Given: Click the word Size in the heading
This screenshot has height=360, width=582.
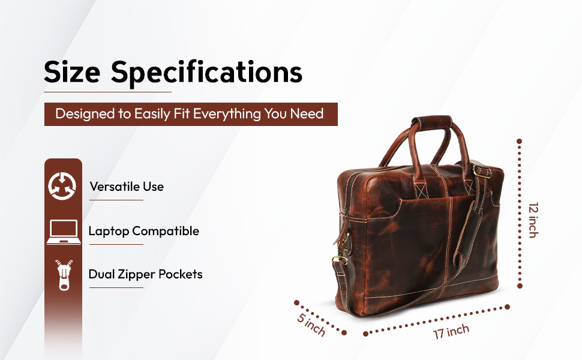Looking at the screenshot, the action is (72, 73).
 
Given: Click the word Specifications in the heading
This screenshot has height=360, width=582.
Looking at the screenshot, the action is (207, 73).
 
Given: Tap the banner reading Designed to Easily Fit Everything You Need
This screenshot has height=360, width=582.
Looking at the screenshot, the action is (191, 115).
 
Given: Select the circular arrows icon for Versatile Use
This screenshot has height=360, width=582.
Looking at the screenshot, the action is (62, 186).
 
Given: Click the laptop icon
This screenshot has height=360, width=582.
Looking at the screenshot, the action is (64, 232).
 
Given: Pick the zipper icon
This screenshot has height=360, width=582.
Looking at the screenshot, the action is (64, 275).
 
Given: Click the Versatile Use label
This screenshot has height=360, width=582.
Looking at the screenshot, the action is (127, 187).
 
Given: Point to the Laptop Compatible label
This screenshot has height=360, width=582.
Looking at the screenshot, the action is (144, 231).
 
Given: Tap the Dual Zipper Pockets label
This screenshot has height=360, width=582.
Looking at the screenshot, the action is (145, 274).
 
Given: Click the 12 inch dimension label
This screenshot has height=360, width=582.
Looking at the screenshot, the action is (533, 220).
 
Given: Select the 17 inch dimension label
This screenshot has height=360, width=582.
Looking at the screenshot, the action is (451, 331).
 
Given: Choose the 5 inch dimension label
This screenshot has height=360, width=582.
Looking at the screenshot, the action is (311, 325).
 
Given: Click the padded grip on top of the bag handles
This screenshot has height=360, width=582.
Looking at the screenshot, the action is (431, 122).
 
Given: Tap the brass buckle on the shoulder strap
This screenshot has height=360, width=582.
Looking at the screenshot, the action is (482, 171).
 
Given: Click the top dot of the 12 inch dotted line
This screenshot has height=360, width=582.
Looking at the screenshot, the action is (519, 141).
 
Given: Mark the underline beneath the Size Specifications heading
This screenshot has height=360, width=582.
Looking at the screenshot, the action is (107, 92).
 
